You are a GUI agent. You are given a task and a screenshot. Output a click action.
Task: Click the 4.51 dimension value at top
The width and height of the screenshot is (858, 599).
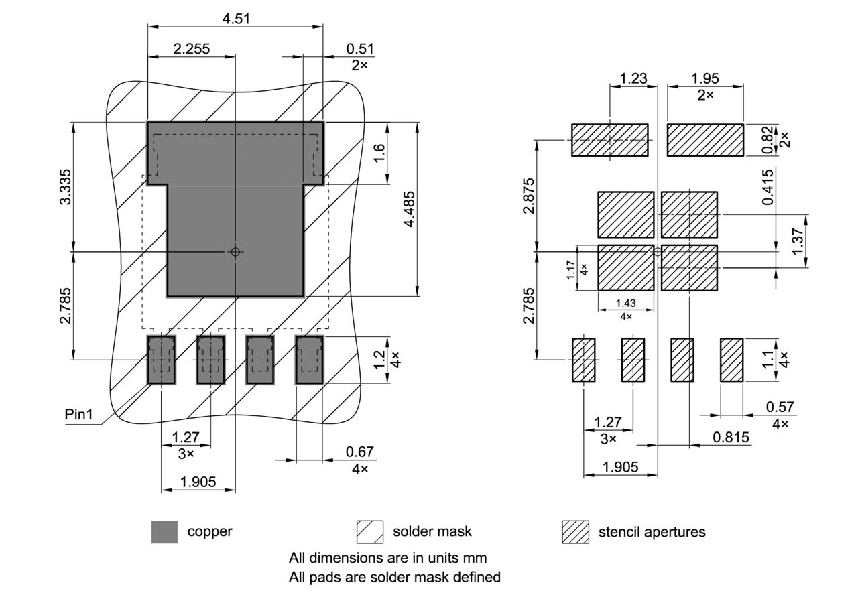236,19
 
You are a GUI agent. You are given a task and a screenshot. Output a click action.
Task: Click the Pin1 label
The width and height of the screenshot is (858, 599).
78,415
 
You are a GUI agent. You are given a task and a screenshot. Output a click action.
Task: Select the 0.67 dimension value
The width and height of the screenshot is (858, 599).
360,452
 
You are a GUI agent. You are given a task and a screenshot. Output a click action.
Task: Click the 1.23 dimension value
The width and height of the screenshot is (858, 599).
633,78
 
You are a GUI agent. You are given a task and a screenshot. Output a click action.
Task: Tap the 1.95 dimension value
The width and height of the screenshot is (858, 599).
705,78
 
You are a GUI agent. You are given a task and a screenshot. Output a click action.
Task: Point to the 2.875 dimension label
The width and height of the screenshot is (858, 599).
530,196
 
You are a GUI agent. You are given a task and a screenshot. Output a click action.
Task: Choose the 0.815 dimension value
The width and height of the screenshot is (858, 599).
731,438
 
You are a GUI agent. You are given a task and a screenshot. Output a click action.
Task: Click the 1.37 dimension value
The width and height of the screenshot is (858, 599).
798,241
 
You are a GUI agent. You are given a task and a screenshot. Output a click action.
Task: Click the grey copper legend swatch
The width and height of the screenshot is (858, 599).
164,532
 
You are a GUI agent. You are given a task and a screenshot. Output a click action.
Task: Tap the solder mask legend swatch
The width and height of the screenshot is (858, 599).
370,532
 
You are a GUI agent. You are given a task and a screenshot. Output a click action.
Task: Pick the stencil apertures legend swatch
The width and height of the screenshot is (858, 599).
574,532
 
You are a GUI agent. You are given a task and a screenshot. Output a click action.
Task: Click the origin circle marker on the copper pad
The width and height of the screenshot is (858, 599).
235,252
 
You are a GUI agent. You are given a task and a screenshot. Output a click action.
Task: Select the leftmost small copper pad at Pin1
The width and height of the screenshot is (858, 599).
161,360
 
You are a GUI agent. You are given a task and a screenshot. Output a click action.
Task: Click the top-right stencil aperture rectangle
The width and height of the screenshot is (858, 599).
705,140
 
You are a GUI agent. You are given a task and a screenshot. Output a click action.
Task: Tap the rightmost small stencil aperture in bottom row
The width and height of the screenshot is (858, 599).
732,360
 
